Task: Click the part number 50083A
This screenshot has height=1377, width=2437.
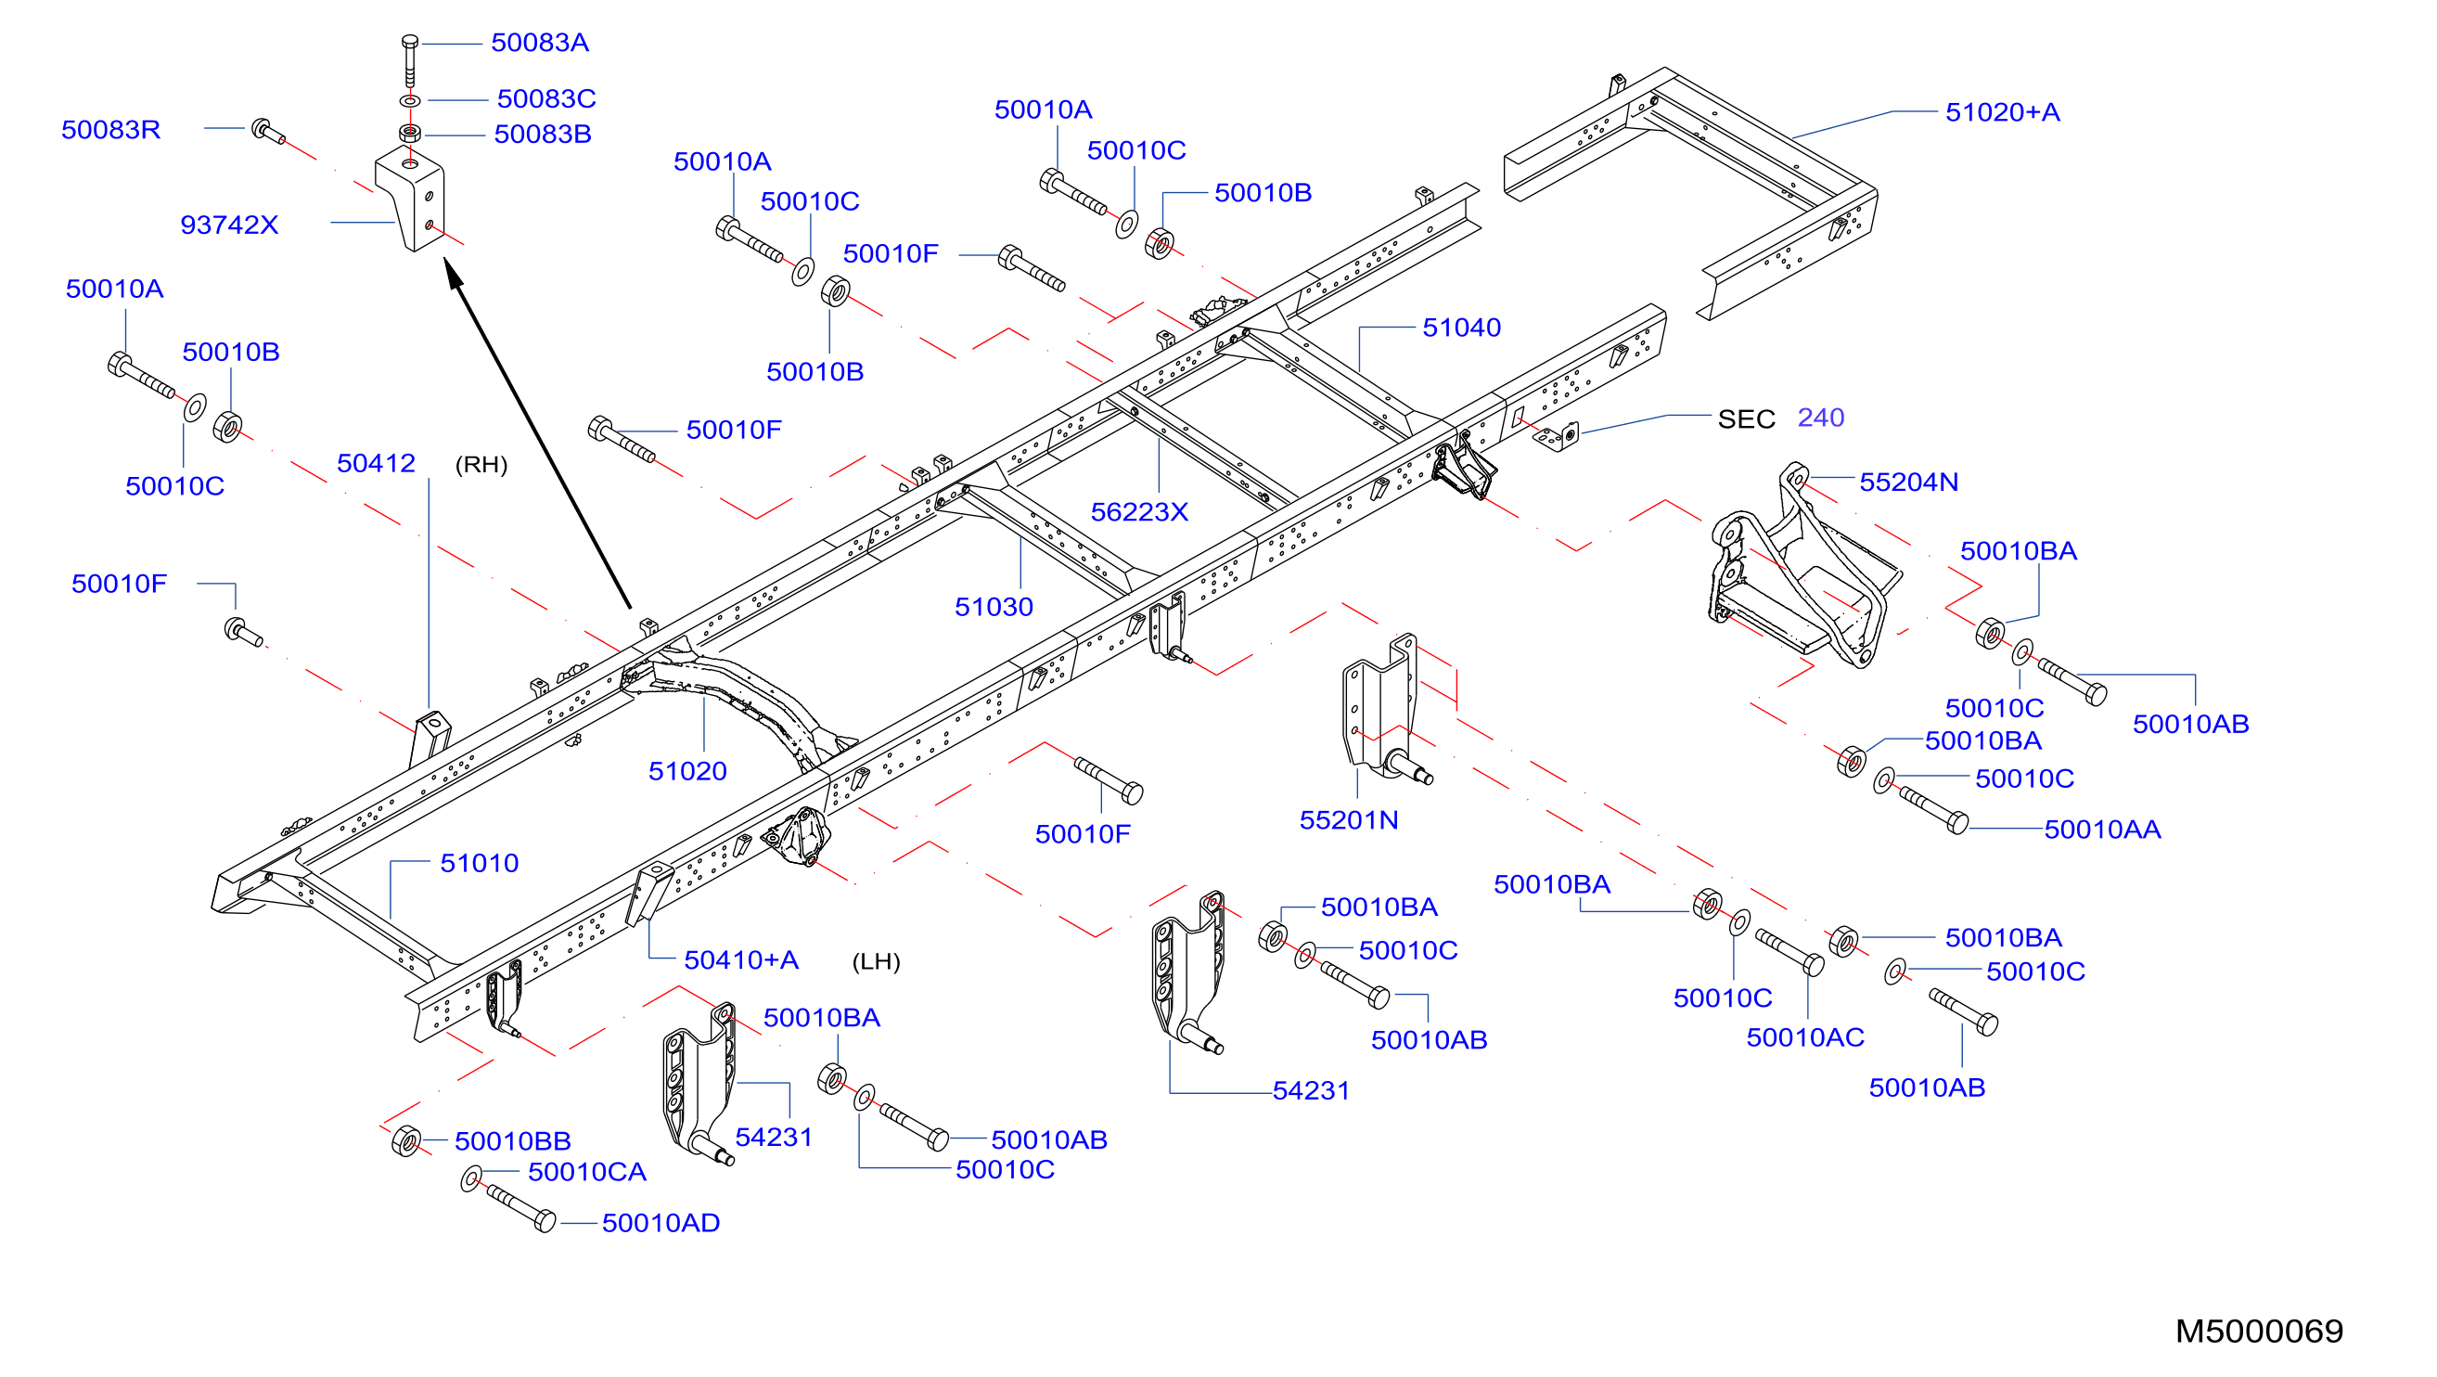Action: click(539, 43)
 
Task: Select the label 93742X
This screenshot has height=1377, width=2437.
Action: click(229, 225)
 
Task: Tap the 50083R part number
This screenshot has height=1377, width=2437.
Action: click(110, 130)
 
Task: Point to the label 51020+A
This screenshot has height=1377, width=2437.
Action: click(2002, 112)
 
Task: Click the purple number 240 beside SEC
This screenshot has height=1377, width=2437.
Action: click(1820, 418)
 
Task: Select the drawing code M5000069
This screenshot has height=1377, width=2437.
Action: click(2259, 1331)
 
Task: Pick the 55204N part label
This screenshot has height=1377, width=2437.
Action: click(1908, 482)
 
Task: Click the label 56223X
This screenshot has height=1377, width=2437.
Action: click(1139, 512)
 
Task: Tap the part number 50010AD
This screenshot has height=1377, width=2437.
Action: click(661, 1223)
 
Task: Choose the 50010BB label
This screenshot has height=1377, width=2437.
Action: click(512, 1141)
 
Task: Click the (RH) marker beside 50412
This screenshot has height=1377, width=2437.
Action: click(481, 465)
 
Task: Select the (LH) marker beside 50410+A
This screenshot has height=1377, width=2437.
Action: click(876, 961)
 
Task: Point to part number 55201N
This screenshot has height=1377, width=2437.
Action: click(1348, 819)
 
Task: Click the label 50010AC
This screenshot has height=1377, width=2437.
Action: click(1805, 1037)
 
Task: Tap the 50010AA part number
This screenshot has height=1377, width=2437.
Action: click(2102, 829)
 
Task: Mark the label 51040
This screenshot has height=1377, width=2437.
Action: click(1462, 328)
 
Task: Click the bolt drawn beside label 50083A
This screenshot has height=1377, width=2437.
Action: click(410, 60)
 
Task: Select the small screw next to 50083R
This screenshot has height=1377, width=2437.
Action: click(268, 132)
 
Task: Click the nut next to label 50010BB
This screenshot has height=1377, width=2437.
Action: click(405, 1140)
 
